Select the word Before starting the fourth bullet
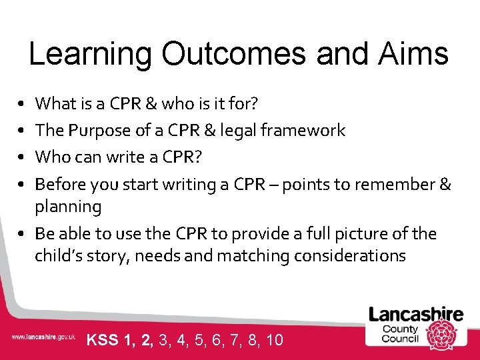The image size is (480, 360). coord(61,183)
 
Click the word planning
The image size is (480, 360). coord(68,207)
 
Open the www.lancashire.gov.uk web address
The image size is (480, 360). coord(43,338)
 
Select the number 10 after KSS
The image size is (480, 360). coord(274,340)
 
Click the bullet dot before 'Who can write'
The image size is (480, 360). coord(22,157)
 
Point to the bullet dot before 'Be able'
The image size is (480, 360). coord(22,234)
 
